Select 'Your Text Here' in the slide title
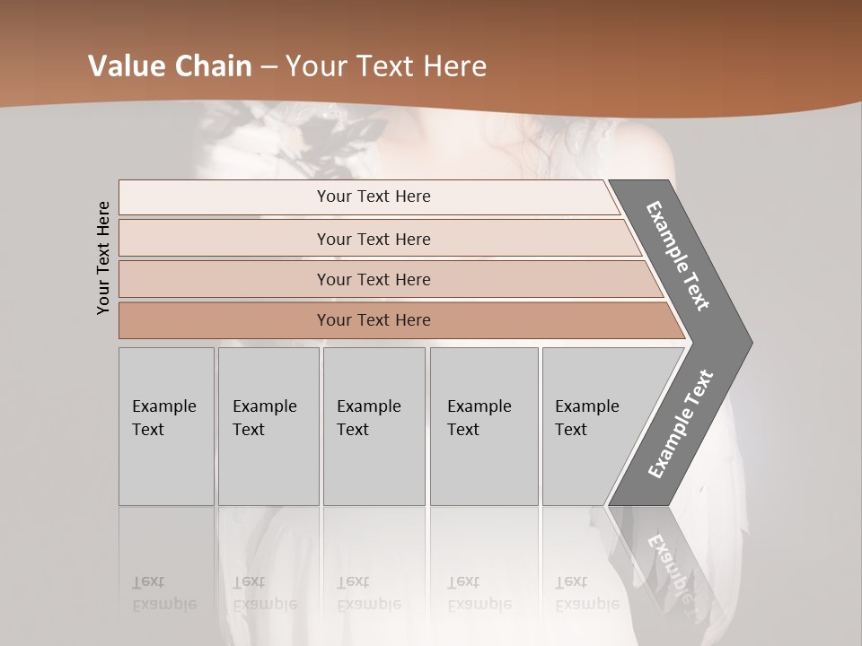pyautogui.click(x=386, y=66)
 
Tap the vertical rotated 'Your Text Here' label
pyautogui.click(x=103, y=258)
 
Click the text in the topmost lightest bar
pyautogui.click(x=374, y=196)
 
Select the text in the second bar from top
pyautogui.click(x=374, y=240)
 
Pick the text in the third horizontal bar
pyautogui.click(x=374, y=280)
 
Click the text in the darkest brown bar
pyautogui.click(x=374, y=320)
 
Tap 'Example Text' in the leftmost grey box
pyautogui.click(x=163, y=418)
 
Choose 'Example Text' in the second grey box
pyautogui.click(x=264, y=418)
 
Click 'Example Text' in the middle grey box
pyautogui.click(x=368, y=418)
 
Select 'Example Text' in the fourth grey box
pyautogui.click(x=479, y=418)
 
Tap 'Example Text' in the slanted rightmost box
pyautogui.click(x=586, y=418)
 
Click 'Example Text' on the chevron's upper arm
pyautogui.click(x=678, y=256)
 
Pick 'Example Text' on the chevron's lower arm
pyautogui.click(x=681, y=423)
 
